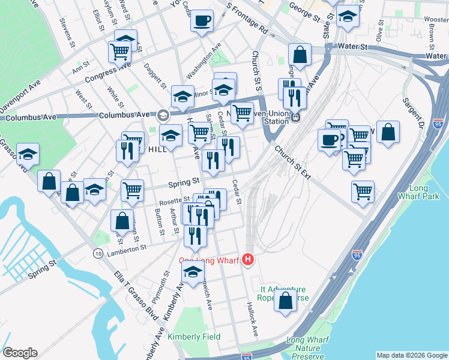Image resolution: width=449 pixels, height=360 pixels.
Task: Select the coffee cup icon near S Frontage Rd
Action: (202, 21)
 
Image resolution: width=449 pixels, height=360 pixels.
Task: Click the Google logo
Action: (19, 353)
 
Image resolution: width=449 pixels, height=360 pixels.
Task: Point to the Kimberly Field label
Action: (194, 337)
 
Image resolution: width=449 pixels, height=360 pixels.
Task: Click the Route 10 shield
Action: (97, 254)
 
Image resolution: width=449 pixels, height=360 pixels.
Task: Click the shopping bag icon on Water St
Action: (300, 55)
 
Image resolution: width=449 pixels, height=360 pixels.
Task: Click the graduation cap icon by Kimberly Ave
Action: (193, 272)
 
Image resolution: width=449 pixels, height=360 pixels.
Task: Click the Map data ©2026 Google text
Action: (411, 355)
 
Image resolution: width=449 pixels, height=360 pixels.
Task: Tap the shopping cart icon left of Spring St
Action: (132, 190)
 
